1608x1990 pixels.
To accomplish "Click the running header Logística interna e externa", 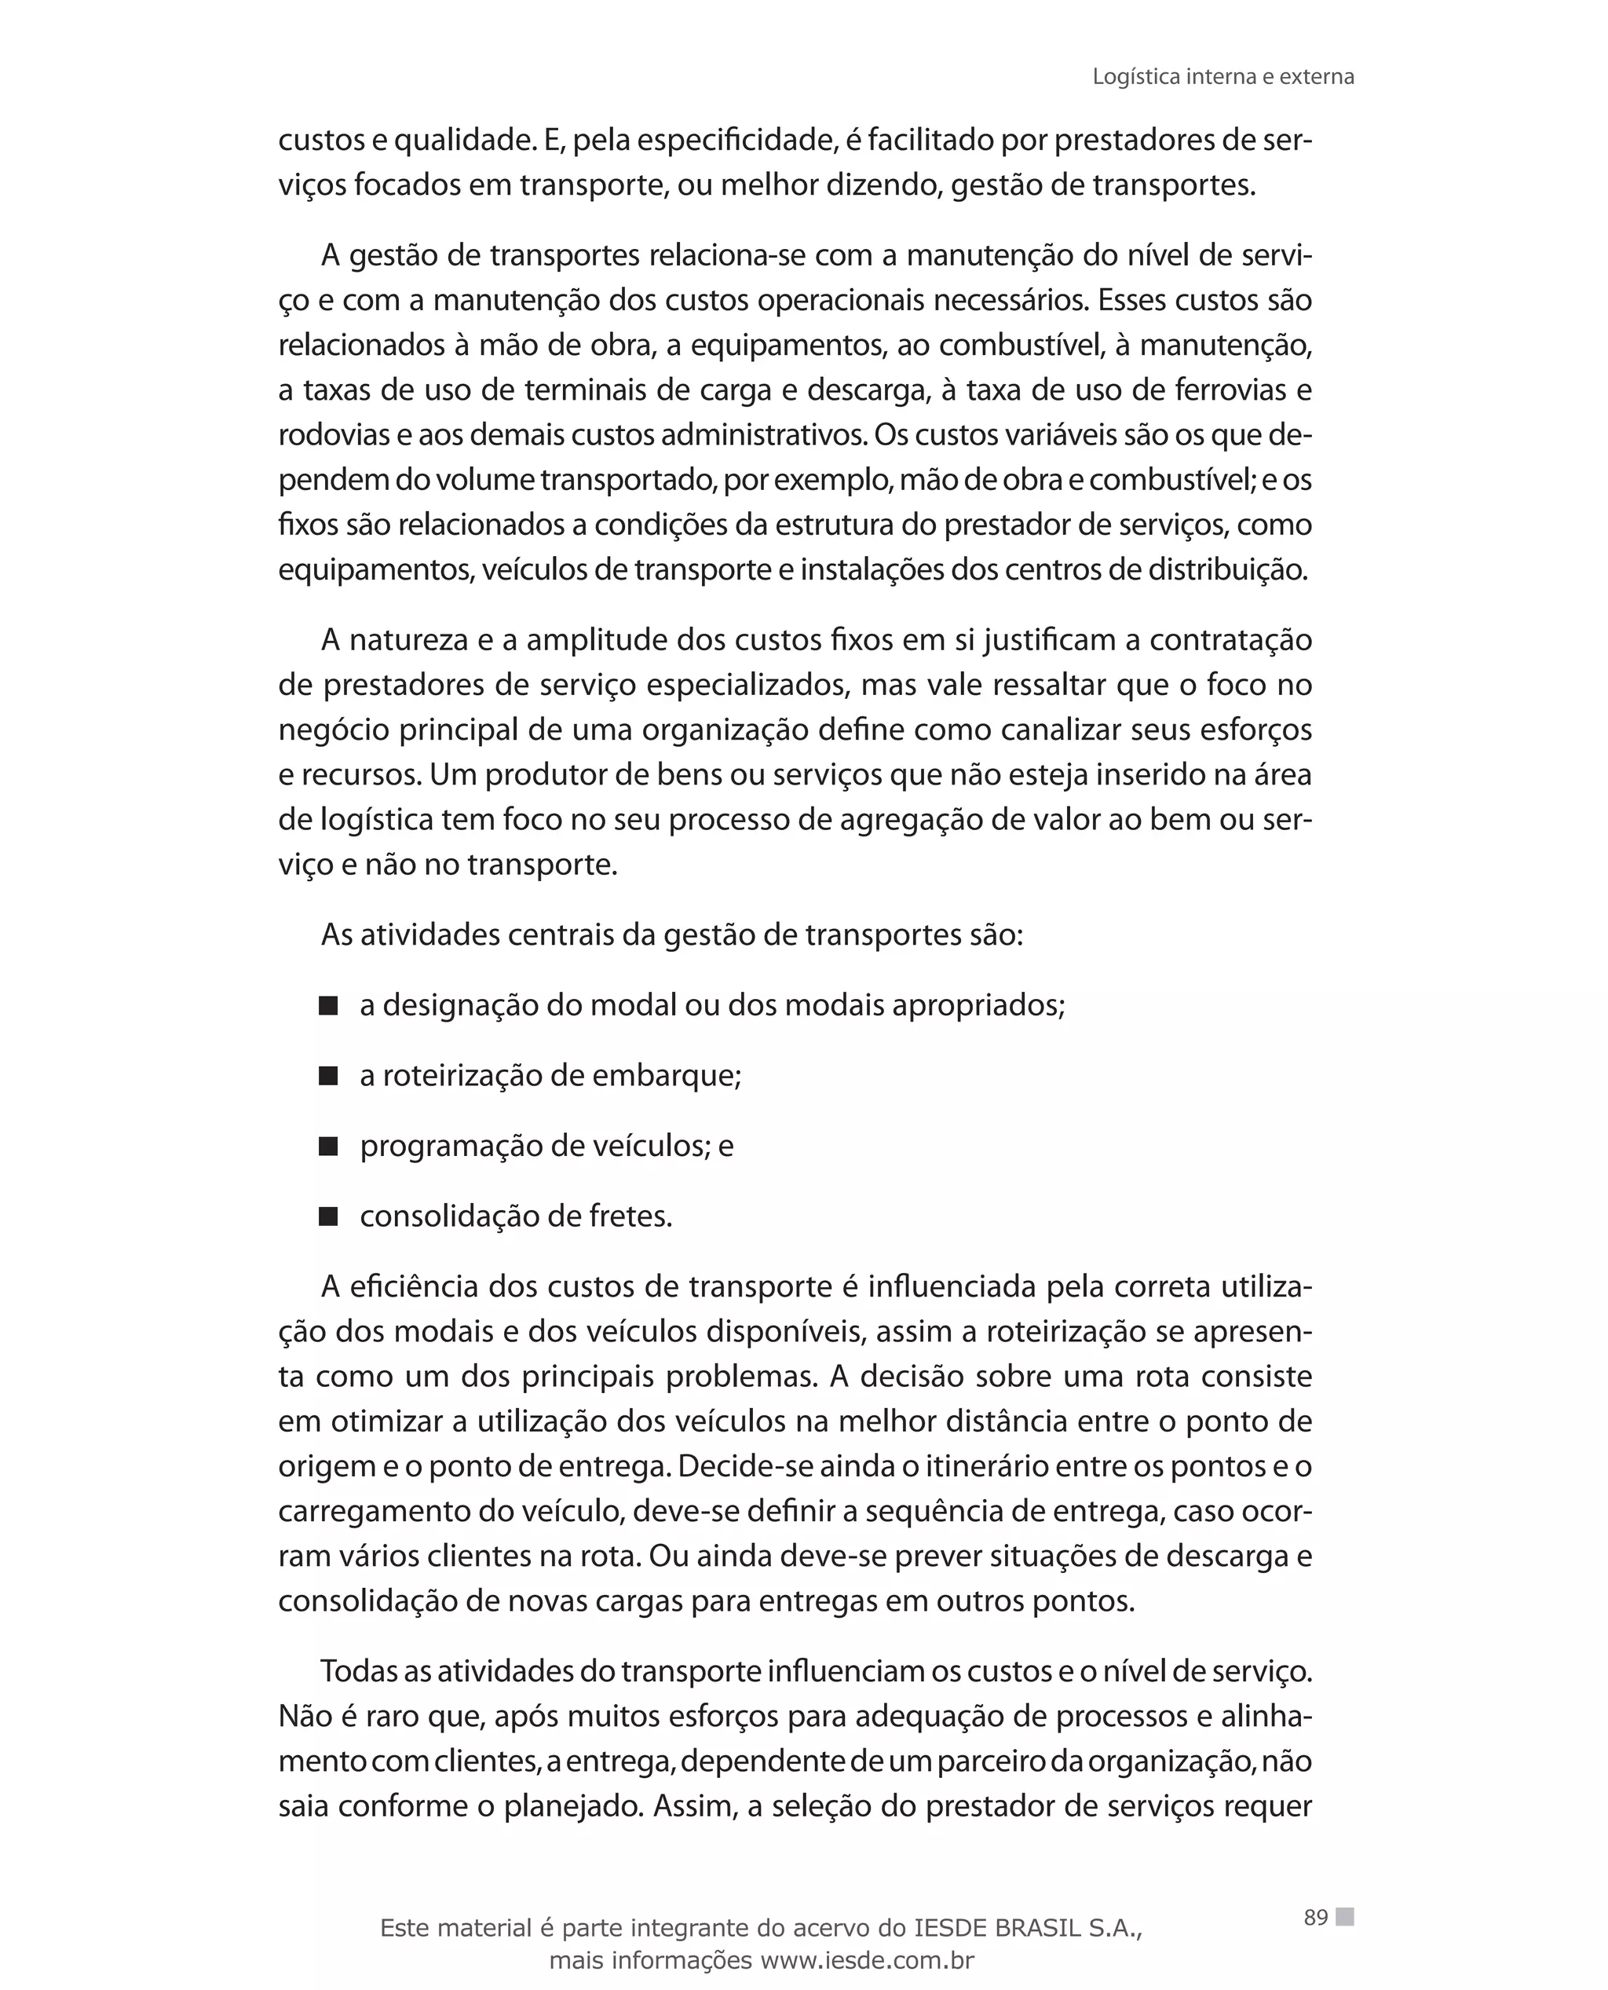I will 1222,77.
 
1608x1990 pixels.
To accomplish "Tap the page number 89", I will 1315,1917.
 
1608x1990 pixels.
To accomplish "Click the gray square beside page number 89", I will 1345,1916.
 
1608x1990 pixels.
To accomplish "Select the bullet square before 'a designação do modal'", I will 328,1006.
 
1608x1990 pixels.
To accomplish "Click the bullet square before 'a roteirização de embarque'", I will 328,1077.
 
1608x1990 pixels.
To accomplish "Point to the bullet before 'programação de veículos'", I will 328,1147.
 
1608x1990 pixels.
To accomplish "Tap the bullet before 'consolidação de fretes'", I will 328,1217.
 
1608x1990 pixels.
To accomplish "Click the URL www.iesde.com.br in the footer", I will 866,1960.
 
